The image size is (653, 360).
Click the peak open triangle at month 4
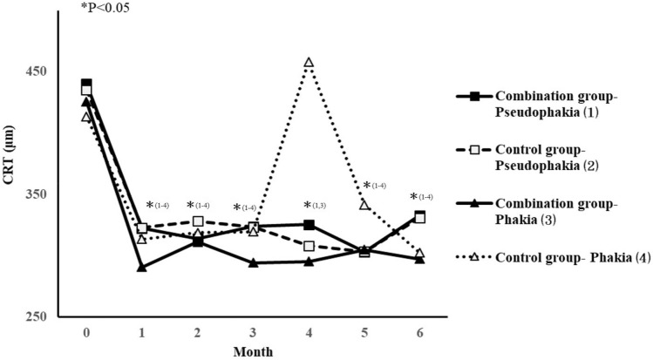[x=309, y=63]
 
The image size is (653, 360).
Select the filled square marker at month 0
[x=86, y=85]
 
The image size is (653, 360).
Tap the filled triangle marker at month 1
[x=142, y=268]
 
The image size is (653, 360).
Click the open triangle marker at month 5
[x=364, y=204]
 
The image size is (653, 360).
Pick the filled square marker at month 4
[x=309, y=224]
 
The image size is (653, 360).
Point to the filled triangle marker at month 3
[x=253, y=262]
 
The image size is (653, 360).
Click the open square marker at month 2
[x=198, y=221]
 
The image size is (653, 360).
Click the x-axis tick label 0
[x=86, y=334]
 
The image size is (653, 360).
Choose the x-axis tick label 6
[x=419, y=334]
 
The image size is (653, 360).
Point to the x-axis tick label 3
[x=253, y=334]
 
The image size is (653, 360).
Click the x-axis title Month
[x=253, y=351]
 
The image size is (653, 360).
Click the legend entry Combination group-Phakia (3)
[x=549, y=211]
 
